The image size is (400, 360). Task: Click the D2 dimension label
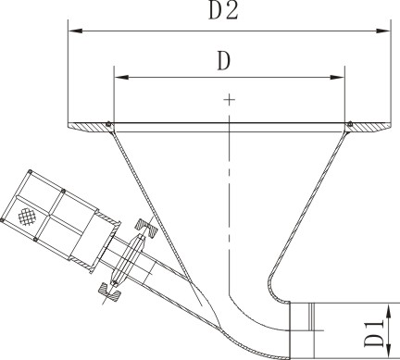[223, 11]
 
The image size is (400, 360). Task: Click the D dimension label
[224, 61]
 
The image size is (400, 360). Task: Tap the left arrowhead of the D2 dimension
[75, 31]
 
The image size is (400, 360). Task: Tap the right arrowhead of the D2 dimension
[383, 31]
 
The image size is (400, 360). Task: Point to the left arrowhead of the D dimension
[121, 77]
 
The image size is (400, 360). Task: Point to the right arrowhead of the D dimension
[337, 77]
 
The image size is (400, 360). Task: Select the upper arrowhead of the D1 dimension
[389, 311]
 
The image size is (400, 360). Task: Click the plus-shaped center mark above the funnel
[230, 99]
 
